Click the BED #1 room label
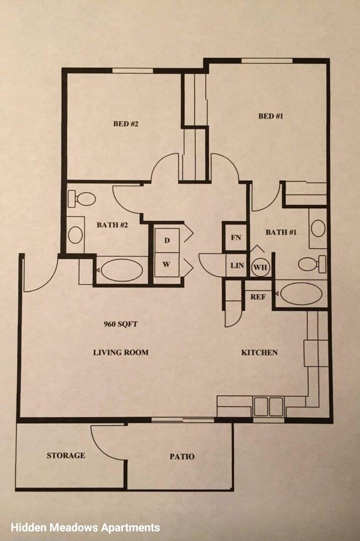[270, 116]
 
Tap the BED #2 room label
[126, 124]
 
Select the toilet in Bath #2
[81, 199]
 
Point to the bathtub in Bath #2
[122, 270]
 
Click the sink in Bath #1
[318, 228]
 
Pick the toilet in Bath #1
[312, 264]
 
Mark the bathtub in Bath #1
[301, 294]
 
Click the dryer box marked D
[167, 240]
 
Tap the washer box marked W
[167, 265]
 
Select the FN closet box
[236, 237]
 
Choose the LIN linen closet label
[237, 266]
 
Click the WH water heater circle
[260, 267]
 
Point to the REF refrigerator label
[258, 297]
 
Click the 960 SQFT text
[121, 324]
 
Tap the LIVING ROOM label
[121, 352]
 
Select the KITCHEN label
[259, 352]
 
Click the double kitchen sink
[269, 407]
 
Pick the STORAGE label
[66, 455]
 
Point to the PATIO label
[182, 456]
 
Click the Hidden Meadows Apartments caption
[85, 527]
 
